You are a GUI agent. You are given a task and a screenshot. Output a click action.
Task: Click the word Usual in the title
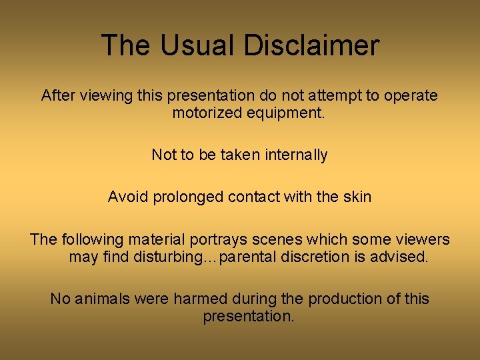[195, 45]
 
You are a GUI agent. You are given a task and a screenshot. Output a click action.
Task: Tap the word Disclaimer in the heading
[311, 45]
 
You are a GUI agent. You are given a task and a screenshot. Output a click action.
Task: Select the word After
[59, 95]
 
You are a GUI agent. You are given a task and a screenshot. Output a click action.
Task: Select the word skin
[356, 197]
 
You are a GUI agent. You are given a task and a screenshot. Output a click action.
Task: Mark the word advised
[399, 257]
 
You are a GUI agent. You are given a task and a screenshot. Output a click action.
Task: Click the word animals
[103, 299]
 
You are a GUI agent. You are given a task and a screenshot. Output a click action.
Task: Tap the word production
[331, 299]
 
